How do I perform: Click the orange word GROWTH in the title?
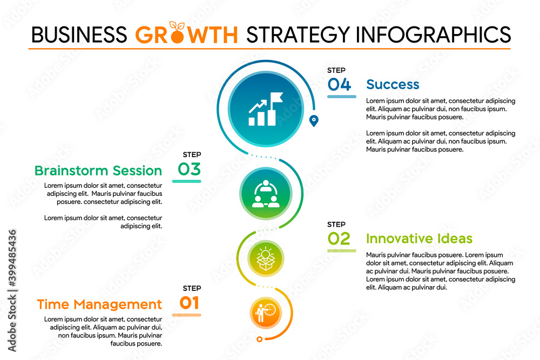pos(186,35)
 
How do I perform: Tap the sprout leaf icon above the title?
pos(175,25)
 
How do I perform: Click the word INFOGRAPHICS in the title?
pos(434,35)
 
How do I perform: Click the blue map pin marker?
pos(314,120)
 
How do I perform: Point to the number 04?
pos(339,84)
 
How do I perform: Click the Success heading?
pos(393,84)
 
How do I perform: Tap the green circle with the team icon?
pos(265,193)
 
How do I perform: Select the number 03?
pos(190,169)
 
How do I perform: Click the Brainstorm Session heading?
pos(98,171)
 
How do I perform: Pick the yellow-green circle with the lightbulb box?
pos(265,258)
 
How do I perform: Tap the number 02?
pos(339,239)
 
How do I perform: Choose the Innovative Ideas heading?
pos(419,239)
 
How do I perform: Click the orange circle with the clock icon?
pos(265,313)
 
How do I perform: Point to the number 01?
pos(190,303)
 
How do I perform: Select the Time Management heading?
pos(99,304)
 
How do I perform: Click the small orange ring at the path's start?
pos(260,339)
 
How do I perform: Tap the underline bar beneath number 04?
pos(341,97)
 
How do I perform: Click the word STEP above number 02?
pos(336,225)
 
